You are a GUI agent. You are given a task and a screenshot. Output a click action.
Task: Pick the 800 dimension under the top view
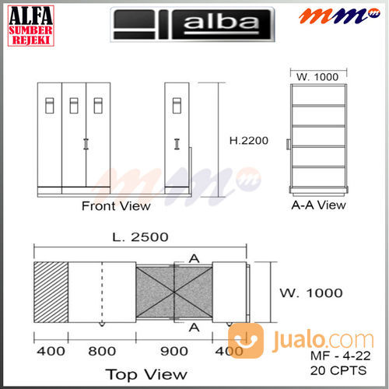point(101,351)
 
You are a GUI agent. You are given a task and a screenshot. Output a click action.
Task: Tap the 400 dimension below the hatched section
point(50,351)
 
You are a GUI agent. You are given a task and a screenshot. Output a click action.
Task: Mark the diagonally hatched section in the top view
point(51,292)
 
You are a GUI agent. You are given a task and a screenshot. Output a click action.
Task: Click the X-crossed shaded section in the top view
point(173,293)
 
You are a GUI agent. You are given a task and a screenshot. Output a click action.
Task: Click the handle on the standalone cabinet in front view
point(178,144)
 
